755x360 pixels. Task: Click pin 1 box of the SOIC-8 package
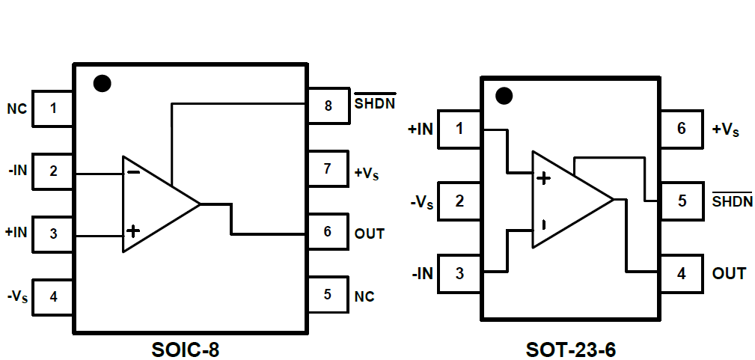[x=52, y=109]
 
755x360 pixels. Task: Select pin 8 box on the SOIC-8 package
[x=328, y=106]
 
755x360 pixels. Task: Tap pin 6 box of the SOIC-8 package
[x=328, y=232]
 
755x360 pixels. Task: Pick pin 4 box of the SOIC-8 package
[x=52, y=296]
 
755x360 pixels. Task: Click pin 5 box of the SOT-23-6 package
[x=681, y=201]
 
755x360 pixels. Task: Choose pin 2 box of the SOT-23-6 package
[x=459, y=201]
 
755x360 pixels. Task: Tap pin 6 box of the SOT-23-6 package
[x=681, y=129]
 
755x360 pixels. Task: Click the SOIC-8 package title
[x=186, y=349]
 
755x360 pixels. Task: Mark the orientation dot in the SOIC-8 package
[x=103, y=83]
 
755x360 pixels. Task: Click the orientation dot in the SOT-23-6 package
[x=504, y=96]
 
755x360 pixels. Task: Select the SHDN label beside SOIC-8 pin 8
[x=375, y=103]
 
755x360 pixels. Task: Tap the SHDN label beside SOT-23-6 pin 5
[x=733, y=201]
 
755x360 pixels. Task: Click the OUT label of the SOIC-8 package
[x=370, y=234]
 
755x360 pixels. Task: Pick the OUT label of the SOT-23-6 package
[x=729, y=273]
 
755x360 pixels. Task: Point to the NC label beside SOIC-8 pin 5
[x=364, y=296]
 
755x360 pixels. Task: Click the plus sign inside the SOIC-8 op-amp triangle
[x=132, y=231]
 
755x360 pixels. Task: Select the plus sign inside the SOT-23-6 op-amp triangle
[x=543, y=178]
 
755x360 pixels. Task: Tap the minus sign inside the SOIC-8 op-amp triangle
[x=132, y=172]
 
